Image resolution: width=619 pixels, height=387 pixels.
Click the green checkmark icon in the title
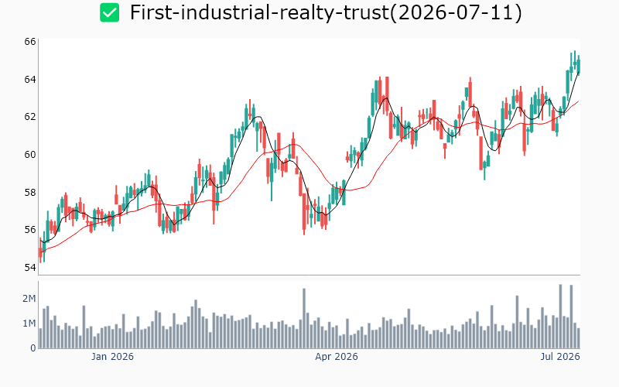(x=109, y=12)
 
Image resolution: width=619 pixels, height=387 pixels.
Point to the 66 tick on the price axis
(x=30, y=42)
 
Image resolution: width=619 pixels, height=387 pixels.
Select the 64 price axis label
(x=30, y=80)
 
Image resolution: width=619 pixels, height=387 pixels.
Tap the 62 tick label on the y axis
(x=30, y=117)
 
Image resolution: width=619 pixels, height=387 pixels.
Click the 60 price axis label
(x=30, y=154)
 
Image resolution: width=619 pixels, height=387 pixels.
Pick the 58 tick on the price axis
(x=30, y=192)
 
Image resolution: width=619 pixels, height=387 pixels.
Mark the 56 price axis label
(x=30, y=230)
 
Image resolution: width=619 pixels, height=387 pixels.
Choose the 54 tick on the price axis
(x=30, y=268)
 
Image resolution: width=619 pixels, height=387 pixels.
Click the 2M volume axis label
(x=29, y=299)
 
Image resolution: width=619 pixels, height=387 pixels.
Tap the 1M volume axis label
(x=29, y=324)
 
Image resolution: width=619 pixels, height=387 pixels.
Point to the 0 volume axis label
(x=33, y=348)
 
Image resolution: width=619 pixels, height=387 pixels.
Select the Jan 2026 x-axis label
(x=112, y=357)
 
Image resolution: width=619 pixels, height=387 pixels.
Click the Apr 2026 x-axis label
(x=337, y=357)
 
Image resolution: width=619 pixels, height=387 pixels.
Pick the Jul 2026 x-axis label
(x=560, y=357)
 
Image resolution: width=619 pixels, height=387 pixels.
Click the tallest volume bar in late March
(x=304, y=318)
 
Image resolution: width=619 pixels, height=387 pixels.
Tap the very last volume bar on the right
(x=578, y=338)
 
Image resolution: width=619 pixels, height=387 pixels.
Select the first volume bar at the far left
(x=40, y=338)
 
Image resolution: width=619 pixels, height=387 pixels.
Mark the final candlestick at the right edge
(x=579, y=66)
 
